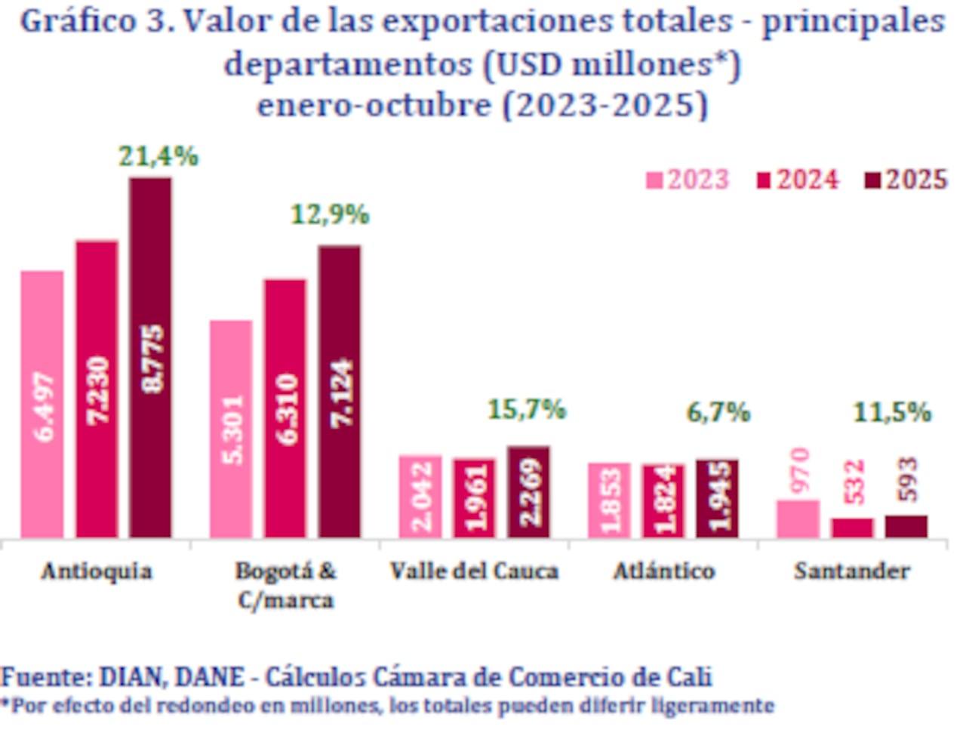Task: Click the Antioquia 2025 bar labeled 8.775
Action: coord(150,358)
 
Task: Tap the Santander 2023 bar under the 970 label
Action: coord(798,519)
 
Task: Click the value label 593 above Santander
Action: coord(908,479)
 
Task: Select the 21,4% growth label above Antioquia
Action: coord(158,156)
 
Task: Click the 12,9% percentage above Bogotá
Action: coord(330,215)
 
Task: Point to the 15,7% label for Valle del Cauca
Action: coord(526,410)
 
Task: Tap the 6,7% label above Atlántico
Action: coord(718,413)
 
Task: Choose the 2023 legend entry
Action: coord(688,180)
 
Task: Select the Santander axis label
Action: coord(851,571)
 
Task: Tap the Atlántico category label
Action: coord(663,571)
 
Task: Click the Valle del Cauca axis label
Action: coord(474,571)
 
